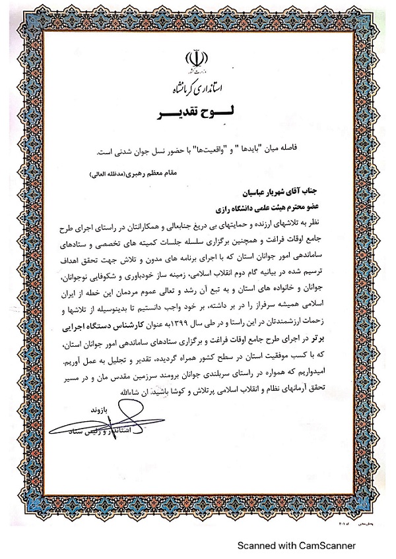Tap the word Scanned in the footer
256,546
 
